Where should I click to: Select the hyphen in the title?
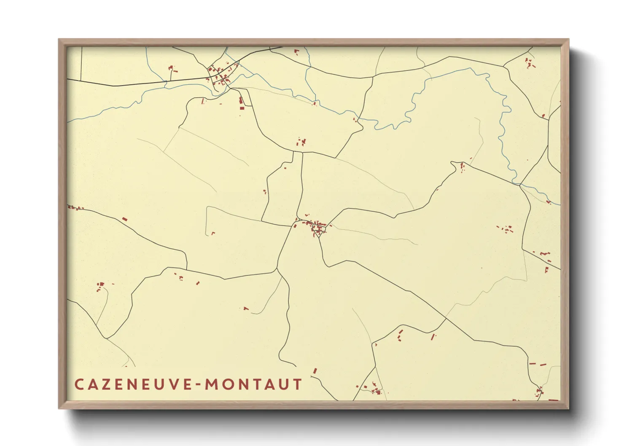pos(197,384)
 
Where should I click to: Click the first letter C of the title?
pos(78,384)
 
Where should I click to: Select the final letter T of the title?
pos(298,384)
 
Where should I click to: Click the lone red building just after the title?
pos(315,371)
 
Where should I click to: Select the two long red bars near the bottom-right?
pos(538,364)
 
